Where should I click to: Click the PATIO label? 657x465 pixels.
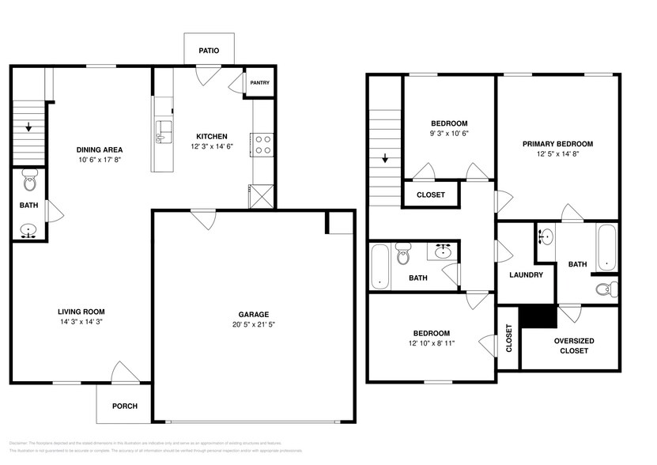(x=209, y=51)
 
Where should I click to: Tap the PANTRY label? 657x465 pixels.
(x=259, y=83)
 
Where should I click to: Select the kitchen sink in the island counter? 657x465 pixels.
(x=164, y=131)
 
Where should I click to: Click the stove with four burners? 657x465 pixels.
(x=262, y=144)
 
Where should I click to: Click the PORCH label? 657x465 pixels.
(x=124, y=406)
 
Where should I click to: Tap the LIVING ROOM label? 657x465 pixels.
(x=81, y=312)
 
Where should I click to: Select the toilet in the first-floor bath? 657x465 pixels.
(x=30, y=181)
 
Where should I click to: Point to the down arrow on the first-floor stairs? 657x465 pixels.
(x=28, y=127)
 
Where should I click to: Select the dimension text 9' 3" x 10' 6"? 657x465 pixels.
(x=449, y=134)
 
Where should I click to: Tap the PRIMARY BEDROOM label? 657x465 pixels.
(x=557, y=144)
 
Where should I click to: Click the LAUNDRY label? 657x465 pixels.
(x=526, y=275)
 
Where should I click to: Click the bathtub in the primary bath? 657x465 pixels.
(x=606, y=248)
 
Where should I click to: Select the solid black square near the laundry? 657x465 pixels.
(x=539, y=316)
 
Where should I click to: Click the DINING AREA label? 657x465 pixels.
(x=99, y=149)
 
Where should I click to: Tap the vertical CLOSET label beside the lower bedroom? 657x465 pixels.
(x=508, y=338)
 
